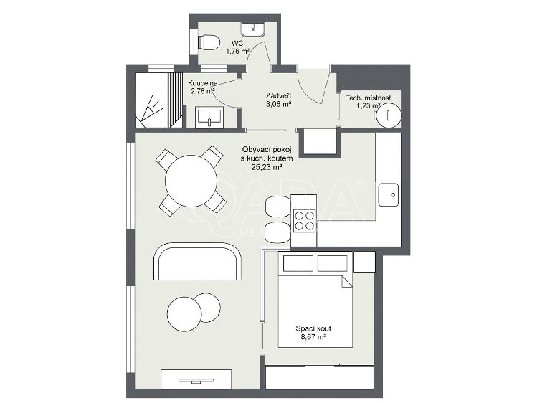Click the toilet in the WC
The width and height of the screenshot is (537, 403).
coord(209,43)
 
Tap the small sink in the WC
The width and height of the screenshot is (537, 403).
coord(254,29)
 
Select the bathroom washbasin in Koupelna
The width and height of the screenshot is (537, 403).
coord(210,116)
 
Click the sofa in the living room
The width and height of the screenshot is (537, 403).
coord(198,262)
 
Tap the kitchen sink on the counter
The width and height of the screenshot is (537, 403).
coord(391,192)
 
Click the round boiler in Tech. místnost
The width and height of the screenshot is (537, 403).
coord(389,113)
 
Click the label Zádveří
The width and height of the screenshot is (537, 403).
coord(277,95)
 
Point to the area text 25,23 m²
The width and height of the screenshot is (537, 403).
coord(266,167)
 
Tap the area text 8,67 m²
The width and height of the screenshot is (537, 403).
coord(313,337)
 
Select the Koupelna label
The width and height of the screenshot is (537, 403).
coord(203,83)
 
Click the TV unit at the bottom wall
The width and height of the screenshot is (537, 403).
coord(196,379)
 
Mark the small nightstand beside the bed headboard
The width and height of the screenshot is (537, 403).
coord(364,262)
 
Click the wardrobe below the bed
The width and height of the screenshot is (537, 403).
coord(320,376)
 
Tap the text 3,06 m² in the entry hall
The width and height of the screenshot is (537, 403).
coord(277,104)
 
